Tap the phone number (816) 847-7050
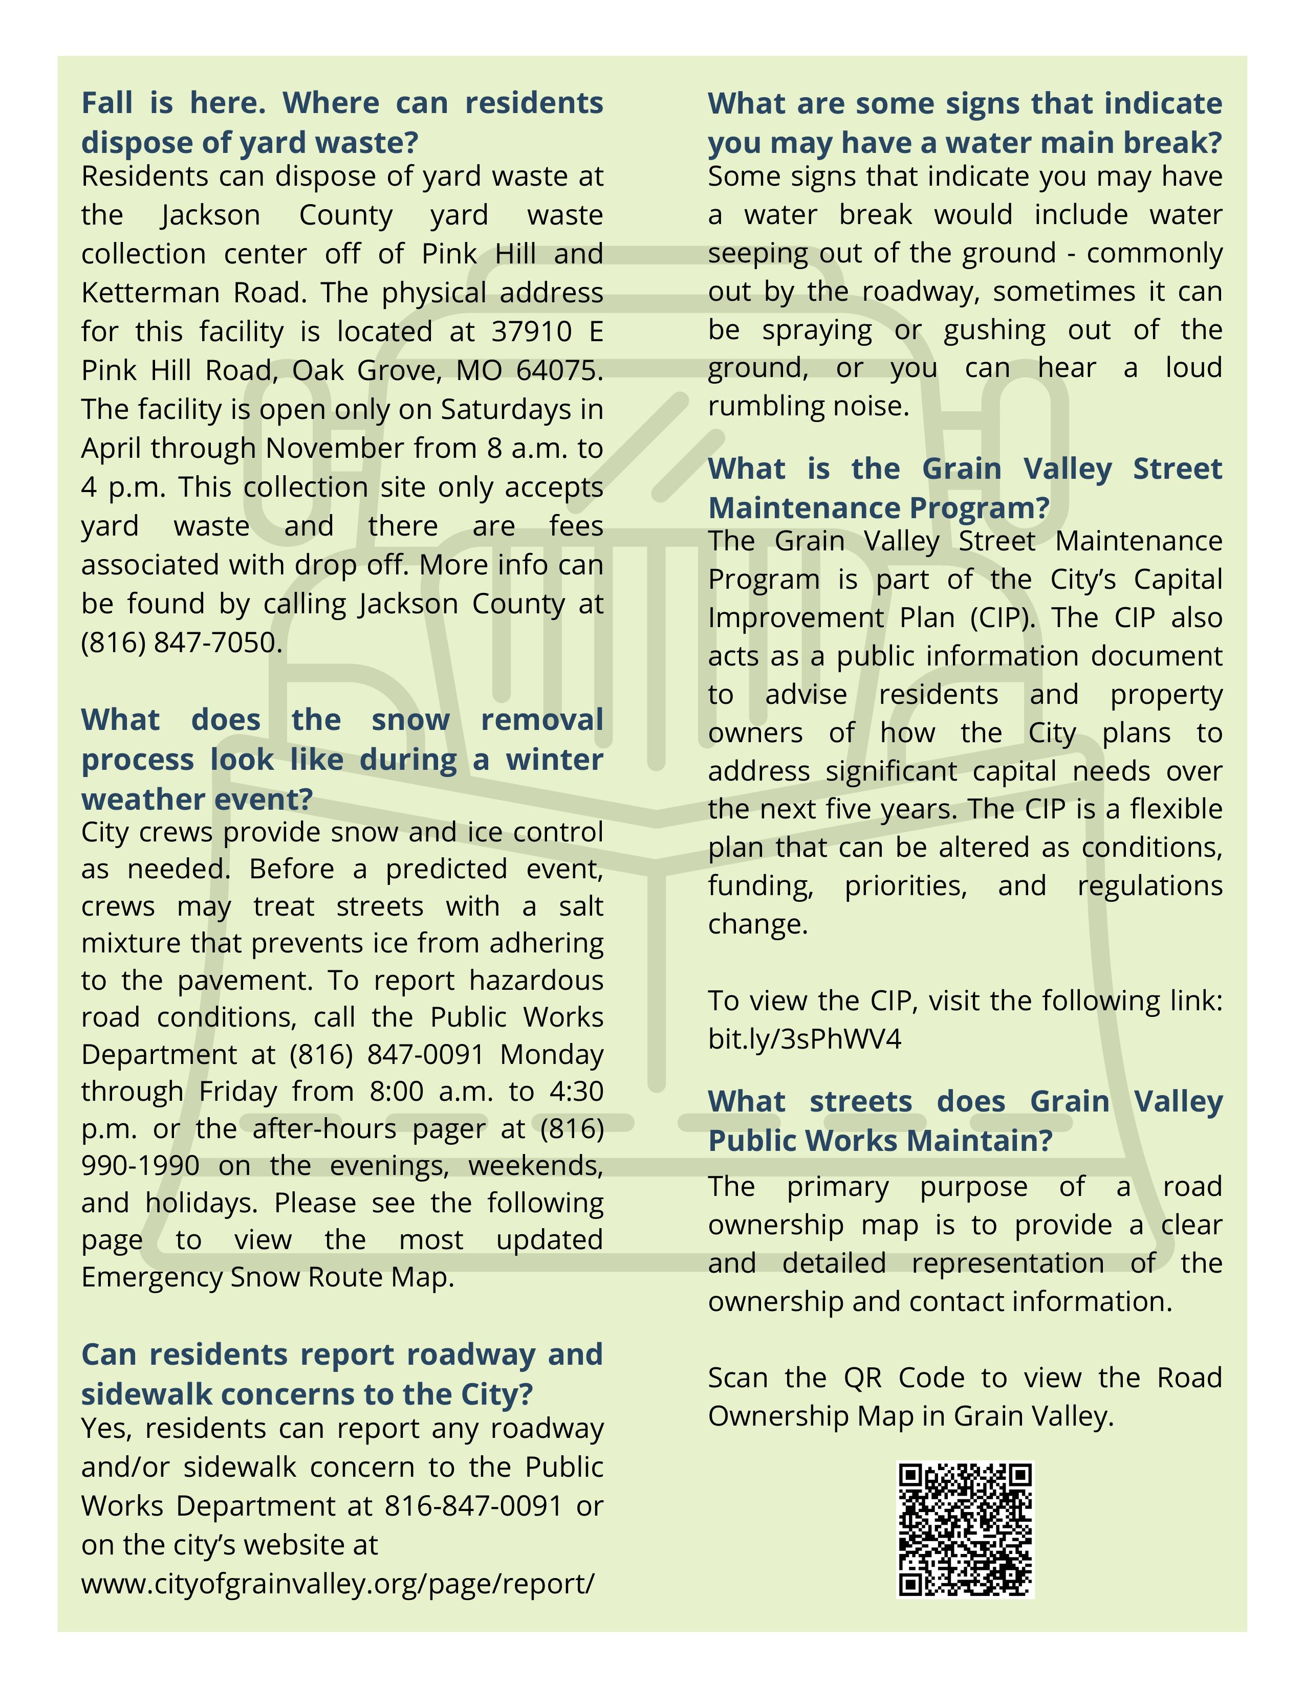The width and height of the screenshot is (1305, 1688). pos(181,642)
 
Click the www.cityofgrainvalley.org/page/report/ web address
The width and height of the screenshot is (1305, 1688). pos(337,1584)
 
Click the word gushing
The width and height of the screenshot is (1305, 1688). pos(994,330)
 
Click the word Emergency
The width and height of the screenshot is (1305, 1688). pos(151,1277)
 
